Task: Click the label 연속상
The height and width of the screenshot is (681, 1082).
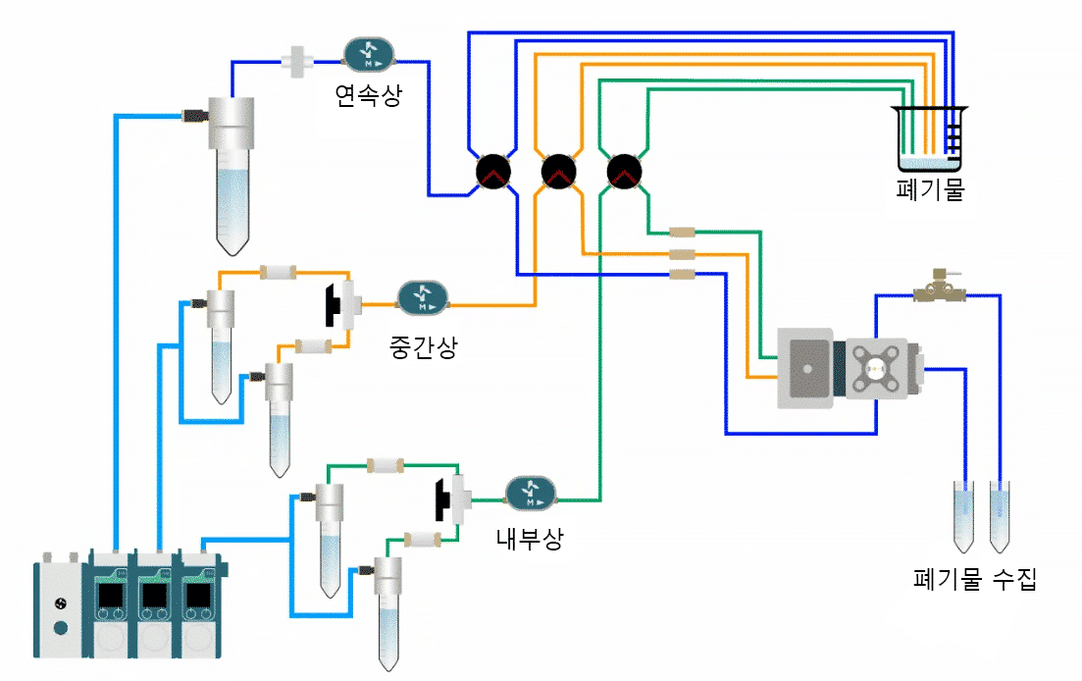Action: pos(368,94)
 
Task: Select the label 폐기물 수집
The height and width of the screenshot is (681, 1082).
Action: pos(974,579)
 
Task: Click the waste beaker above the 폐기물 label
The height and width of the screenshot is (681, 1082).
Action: pos(929,137)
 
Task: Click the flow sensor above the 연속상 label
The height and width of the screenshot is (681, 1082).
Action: pos(369,55)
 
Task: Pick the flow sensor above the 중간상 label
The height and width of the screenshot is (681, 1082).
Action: pos(423,296)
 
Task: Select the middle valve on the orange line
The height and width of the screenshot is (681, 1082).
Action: pos(557,172)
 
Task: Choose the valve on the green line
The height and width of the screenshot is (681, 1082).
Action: pos(623,172)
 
